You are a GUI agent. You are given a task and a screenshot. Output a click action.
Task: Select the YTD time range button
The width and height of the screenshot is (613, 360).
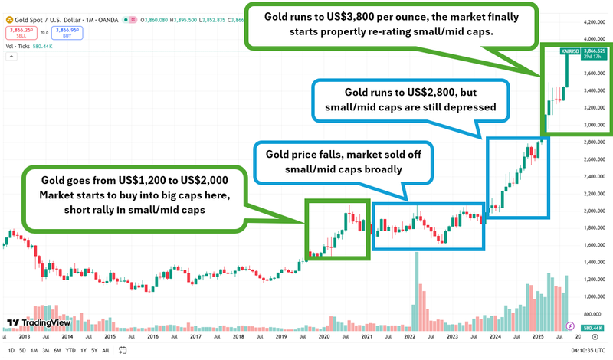[x=70, y=350]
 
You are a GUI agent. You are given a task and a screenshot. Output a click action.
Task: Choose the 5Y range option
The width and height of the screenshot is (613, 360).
[x=93, y=350]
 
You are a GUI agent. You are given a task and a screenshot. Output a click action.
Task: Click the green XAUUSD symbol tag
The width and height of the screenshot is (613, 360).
[x=570, y=51]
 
